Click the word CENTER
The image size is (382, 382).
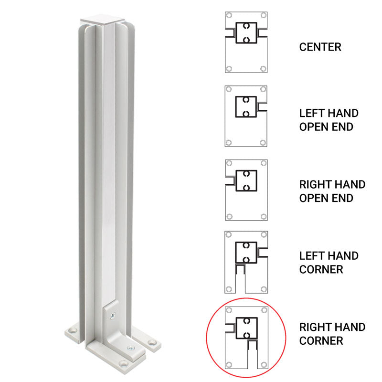[320, 47]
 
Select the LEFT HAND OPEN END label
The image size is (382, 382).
[329, 120]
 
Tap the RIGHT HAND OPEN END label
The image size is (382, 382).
[332, 191]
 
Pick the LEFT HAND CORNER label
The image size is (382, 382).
[329, 263]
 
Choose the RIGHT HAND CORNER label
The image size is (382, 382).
[332, 334]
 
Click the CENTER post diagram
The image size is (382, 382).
[246, 42]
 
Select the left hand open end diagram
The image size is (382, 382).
[246, 116]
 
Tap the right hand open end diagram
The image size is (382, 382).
[246, 190]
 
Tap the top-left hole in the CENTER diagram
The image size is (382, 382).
[229, 15]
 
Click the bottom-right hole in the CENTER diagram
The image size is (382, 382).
[263, 69]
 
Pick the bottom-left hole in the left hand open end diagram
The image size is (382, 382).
[229, 142]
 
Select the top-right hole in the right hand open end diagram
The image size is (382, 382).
[263, 163]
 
